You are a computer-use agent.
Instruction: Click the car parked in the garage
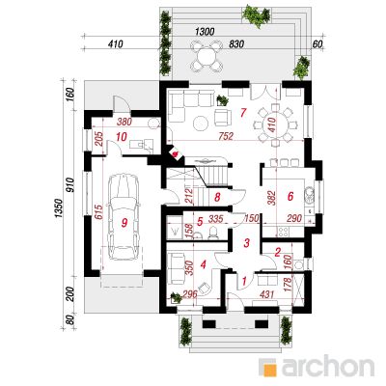[124, 217]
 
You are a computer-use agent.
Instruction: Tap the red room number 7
[242, 112]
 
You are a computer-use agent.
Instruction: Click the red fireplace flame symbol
[176, 154]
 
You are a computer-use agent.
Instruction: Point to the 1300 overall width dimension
[205, 32]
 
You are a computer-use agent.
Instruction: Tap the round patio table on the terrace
[206, 55]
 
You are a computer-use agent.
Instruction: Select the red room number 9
[124, 222]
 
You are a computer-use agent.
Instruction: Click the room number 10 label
[121, 137]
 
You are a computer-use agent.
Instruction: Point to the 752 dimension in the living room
[226, 136]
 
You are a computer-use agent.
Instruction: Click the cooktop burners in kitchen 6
[285, 232]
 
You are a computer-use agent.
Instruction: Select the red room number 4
[203, 264]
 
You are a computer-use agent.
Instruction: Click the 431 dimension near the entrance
[265, 294]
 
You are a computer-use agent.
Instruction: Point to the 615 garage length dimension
[98, 212]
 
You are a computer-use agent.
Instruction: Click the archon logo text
[327, 366]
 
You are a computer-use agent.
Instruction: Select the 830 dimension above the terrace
[236, 44]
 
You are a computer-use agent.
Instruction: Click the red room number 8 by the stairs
[217, 197]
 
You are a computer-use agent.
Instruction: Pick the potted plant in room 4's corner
[176, 297]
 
